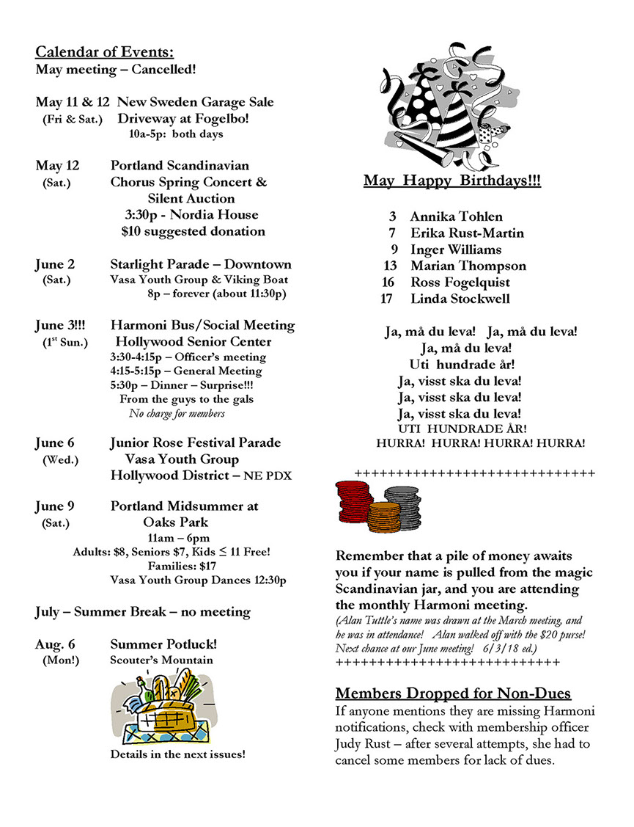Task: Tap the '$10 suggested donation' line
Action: pos(193,231)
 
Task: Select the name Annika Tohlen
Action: pos(456,216)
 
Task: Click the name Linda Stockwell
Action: pos(460,299)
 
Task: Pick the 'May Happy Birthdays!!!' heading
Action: pos(452,181)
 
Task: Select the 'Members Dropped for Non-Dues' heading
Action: pos(453,693)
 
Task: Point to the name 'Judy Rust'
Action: pos(364,744)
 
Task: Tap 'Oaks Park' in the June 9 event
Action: pos(175,522)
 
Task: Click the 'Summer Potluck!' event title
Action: pos(163,644)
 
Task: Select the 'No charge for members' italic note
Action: pos(177,413)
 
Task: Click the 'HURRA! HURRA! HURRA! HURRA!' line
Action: pos(480,443)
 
